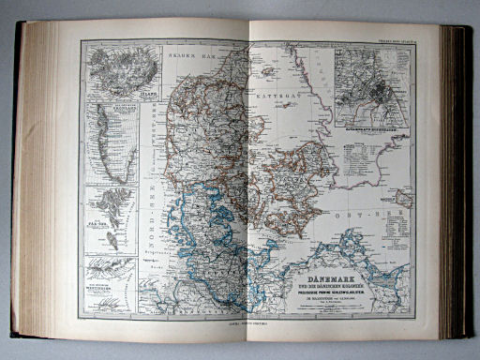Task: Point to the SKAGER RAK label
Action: pyautogui.click(x=185, y=57)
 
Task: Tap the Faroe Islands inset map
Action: pyautogui.click(x=111, y=219)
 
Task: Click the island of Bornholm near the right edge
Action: pyautogui.click(x=405, y=198)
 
